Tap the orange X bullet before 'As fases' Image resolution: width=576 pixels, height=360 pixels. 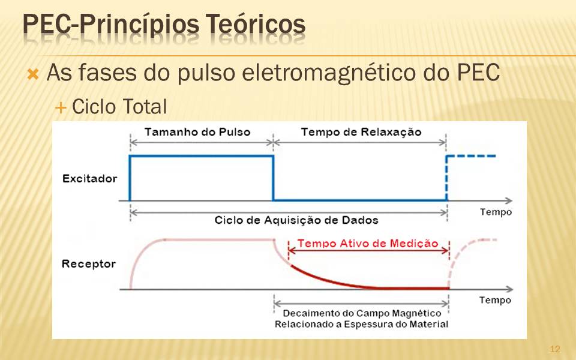32,74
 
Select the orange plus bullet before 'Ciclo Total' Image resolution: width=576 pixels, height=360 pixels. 60,108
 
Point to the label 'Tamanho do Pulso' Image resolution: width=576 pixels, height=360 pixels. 197,132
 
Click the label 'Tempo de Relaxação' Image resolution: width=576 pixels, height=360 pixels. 361,132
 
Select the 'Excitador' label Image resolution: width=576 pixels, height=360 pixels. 89,179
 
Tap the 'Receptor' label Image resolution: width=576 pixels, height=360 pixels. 89,264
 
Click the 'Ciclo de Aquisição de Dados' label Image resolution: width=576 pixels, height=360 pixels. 296,220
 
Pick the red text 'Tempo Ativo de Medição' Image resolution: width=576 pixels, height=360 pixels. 368,243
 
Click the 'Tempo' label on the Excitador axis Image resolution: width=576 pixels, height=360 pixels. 496,212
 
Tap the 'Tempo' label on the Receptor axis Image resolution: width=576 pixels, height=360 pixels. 495,300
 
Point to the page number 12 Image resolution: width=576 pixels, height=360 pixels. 554,349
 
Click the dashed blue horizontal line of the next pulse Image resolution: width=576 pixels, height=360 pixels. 472,156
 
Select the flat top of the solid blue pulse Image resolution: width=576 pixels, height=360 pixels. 202,156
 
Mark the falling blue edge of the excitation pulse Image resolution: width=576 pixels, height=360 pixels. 274,178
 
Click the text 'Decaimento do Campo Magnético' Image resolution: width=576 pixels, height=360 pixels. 362,313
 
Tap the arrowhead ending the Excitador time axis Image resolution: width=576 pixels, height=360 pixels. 509,200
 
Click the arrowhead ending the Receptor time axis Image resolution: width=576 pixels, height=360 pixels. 509,289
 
